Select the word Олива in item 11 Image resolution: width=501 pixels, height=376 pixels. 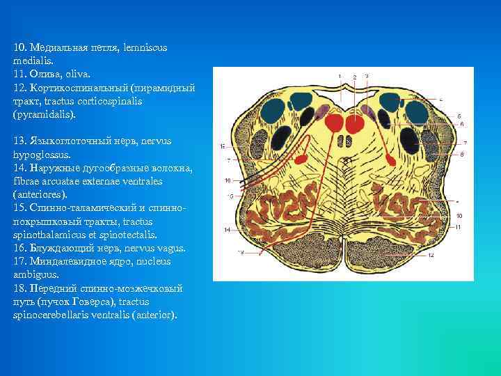41,74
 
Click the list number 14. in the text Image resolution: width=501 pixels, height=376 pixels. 20,169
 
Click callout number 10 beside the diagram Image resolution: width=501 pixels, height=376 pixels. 459,217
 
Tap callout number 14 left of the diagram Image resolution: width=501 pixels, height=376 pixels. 227,229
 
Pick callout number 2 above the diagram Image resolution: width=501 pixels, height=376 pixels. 354,76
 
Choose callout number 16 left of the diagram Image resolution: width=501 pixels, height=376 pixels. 228,180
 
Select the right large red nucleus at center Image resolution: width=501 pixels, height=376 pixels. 356,125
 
